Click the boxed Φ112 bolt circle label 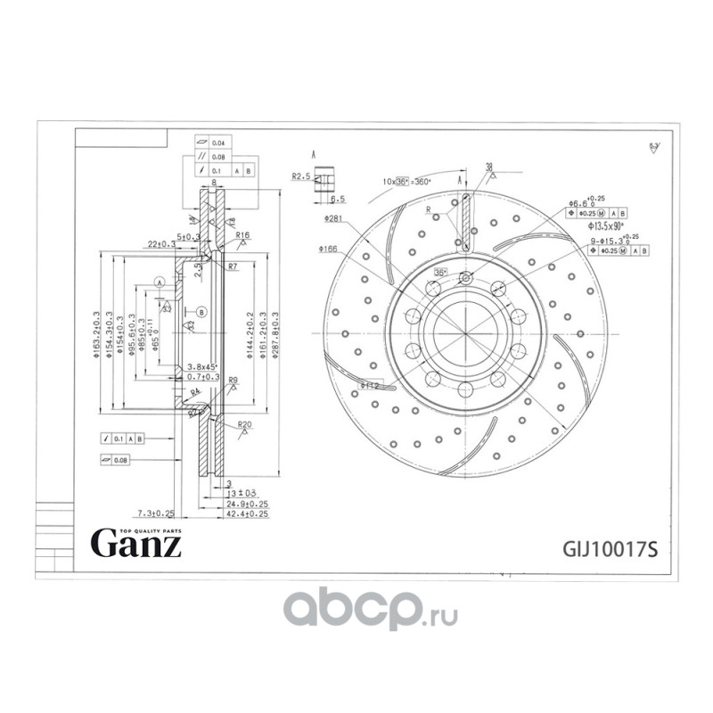[x=370, y=386]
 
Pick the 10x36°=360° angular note [x=406, y=181]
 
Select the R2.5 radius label [x=299, y=177]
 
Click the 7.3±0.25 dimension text [x=155, y=514]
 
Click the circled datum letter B [x=201, y=311]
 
